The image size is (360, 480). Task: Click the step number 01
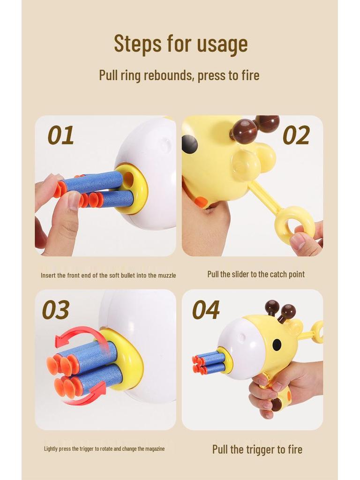tap(60, 135)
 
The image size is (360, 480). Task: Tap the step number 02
tap(296, 135)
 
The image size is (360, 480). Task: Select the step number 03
tap(56, 310)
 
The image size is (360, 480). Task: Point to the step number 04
tap(205, 310)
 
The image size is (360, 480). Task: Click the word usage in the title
tap(222, 44)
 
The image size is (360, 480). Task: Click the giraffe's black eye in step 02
tap(189, 144)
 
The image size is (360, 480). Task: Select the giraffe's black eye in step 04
tap(277, 345)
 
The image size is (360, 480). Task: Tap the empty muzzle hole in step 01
tap(128, 179)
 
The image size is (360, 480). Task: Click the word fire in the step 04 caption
tap(292, 450)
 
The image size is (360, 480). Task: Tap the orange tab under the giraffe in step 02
tap(201, 202)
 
